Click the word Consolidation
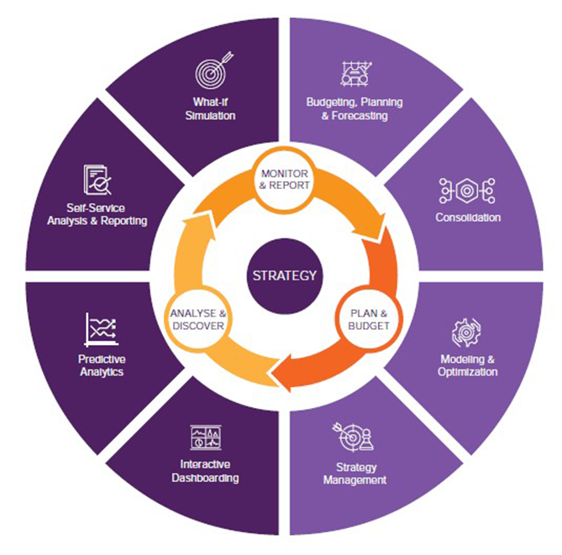(468, 217)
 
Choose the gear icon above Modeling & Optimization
(466, 333)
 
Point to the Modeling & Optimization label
(468, 365)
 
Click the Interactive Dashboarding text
(210, 471)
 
